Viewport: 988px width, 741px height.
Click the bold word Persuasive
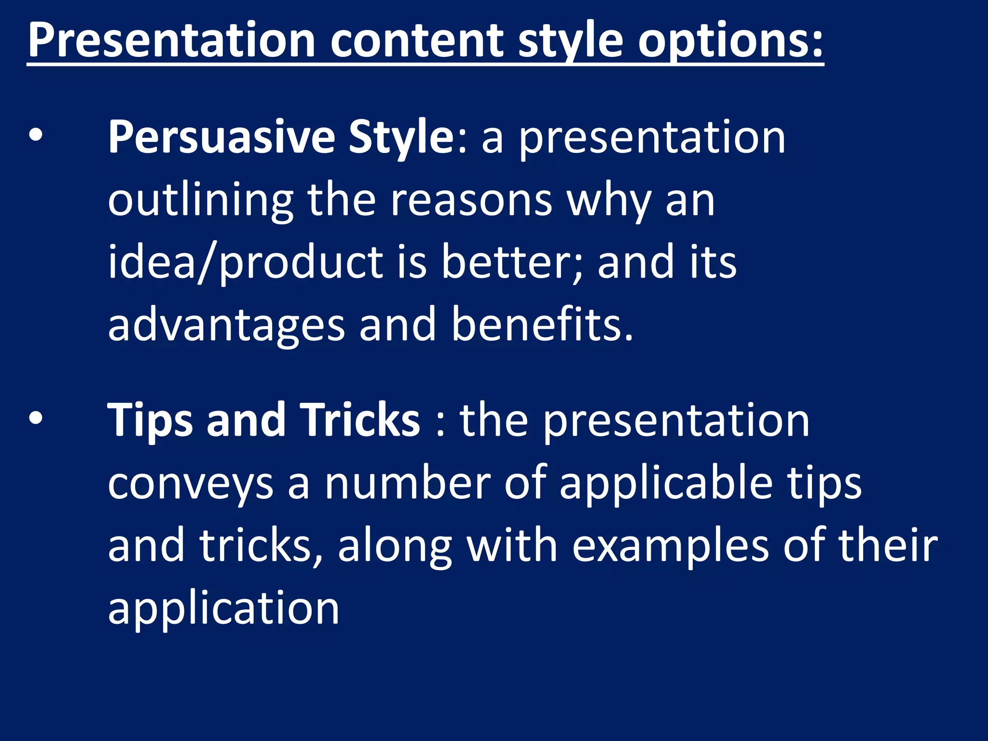coord(221,137)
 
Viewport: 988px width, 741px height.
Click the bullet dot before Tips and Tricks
coord(35,419)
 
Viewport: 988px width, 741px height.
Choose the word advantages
coord(226,325)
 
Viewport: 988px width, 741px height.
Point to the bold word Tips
coord(149,420)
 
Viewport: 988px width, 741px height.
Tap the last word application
coord(223,609)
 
